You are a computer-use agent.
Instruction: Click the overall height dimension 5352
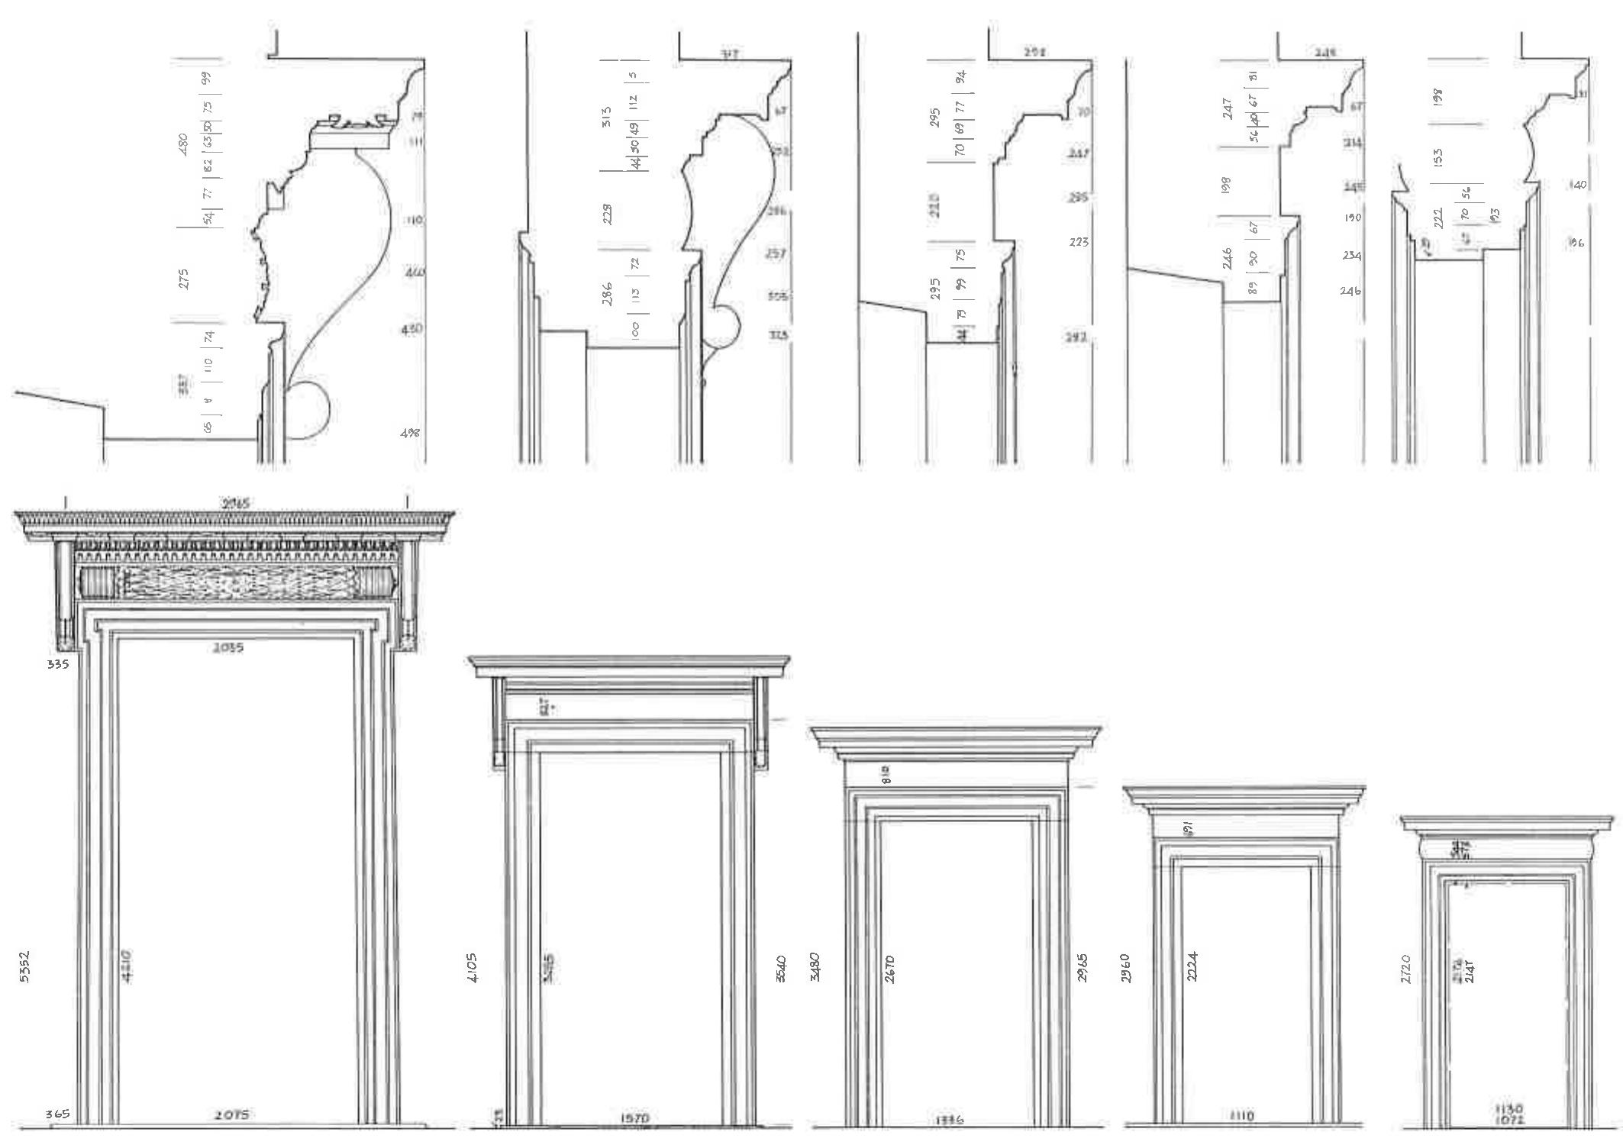tap(24, 966)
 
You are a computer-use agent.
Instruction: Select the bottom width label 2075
tap(231, 1115)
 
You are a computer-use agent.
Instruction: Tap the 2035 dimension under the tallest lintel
tap(228, 648)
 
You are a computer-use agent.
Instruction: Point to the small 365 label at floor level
tap(56, 1114)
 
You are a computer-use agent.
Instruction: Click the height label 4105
tap(473, 967)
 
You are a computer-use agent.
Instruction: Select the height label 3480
tap(815, 966)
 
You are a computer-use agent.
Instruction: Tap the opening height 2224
tap(1192, 966)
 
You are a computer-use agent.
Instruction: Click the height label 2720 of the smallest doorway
tap(1406, 968)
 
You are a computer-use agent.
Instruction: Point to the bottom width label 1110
tap(1242, 1116)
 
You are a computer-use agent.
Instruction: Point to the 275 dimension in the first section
tap(183, 278)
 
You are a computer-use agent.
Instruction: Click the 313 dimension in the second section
tap(606, 116)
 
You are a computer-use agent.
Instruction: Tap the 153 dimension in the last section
tap(1438, 157)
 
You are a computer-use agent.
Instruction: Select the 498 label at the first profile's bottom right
tap(411, 433)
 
